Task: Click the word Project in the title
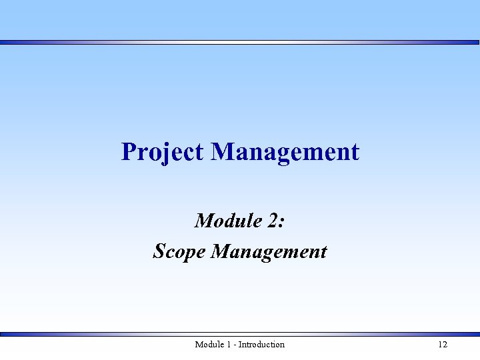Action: point(162,152)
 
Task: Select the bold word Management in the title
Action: point(285,152)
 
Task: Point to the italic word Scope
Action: point(179,251)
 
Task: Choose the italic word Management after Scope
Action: point(269,251)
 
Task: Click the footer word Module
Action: point(209,345)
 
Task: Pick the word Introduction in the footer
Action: point(261,345)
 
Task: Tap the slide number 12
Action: point(443,345)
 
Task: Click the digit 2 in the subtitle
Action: point(274,220)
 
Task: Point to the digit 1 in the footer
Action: point(228,345)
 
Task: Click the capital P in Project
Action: point(129,152)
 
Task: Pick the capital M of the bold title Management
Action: point(223,152)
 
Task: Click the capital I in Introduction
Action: point(240,345)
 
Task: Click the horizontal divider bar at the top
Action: point(240,42)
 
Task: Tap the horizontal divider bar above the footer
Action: point(240,334)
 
